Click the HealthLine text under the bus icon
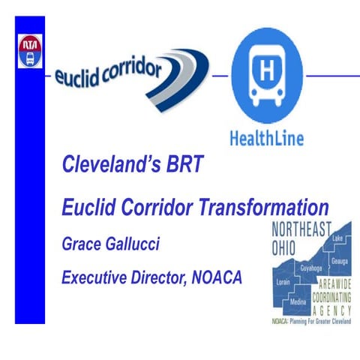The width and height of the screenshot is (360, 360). tap(265, 138)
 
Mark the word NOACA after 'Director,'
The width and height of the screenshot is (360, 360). tap(222, 278)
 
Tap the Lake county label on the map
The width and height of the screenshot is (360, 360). tap(327, 238)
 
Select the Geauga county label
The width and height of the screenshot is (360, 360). tap(329, 253)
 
